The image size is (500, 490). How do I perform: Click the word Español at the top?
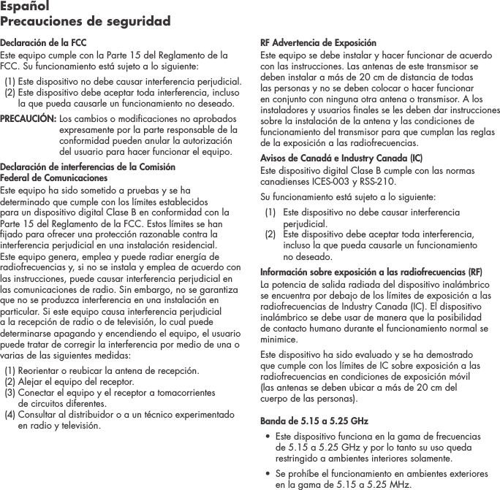24,7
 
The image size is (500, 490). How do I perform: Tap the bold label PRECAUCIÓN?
28,118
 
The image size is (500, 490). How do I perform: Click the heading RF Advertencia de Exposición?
318,43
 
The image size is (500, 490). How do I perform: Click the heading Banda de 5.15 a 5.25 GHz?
314,421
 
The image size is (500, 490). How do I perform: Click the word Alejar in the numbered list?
31,382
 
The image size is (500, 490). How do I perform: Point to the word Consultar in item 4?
38,415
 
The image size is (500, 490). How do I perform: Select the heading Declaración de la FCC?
43,43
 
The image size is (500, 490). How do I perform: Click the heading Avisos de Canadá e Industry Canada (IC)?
341,158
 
